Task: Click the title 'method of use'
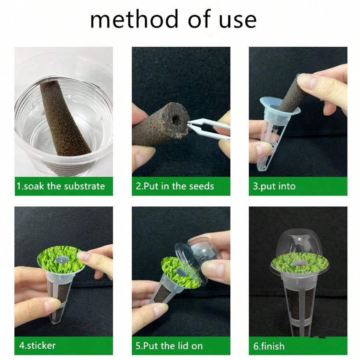pyautogui.click(x=173, y=19)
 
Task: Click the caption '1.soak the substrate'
pyautogui.click(x=60, y=186)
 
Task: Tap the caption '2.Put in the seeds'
pyautogui.click(x=175, y=186)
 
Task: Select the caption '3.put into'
pyautogui.click(x=274, y=186)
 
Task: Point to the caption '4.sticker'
pyautogui.click(x=37, y=345)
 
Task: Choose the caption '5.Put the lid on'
pyautogui.click(x=169, y=345)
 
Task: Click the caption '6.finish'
pyautogui.click(x=269, y=345)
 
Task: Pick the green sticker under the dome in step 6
pyautogui.click(x=298, y=264)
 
